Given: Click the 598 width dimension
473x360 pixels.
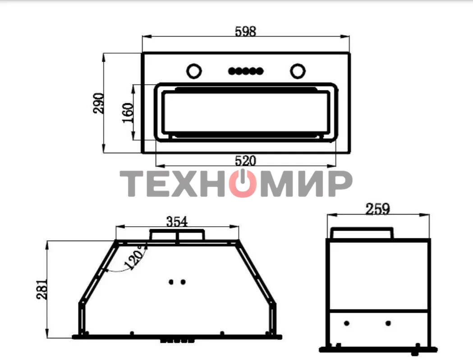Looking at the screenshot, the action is coord(245,32).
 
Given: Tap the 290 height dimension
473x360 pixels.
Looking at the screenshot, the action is coord(99,103).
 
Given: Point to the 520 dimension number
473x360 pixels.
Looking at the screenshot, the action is coord(245,161).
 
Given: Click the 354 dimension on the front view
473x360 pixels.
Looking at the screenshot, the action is coord(177,222).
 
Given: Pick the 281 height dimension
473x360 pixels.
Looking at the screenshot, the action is coord(42,289).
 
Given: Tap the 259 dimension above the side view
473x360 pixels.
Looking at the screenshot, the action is coord(378,209).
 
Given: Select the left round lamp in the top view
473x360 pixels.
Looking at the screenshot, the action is coord(194,71).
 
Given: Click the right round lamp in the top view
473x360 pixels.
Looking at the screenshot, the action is coord(298,71).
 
